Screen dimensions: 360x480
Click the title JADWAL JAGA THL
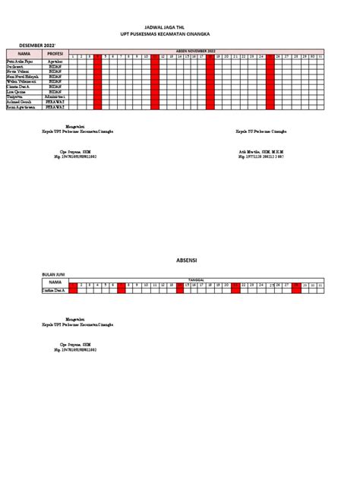click(179, 24)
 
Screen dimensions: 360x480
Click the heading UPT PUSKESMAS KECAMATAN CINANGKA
click(179, 34)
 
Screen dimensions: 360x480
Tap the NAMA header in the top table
click(24, 54)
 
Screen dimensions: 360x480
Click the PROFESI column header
click(55, 54)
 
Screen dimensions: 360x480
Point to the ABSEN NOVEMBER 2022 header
click(197, 51)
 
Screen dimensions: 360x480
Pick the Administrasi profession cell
click(55, 97)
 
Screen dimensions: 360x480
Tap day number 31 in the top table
click(321, 57)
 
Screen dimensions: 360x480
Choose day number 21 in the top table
click(235, 57)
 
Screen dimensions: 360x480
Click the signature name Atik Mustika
click(254, 151)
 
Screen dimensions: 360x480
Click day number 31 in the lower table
click(321, 285)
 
